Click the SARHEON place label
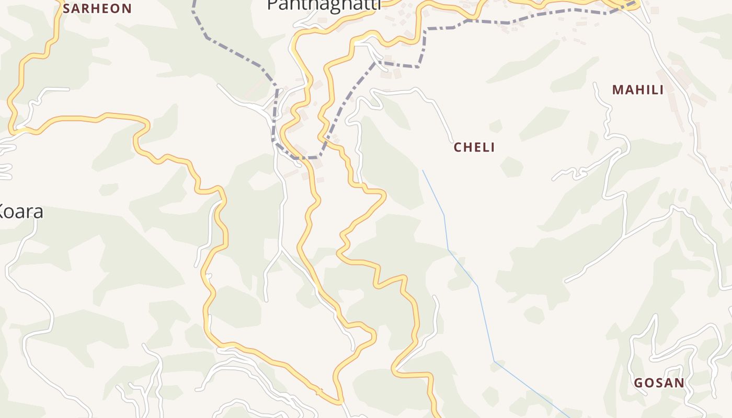97,8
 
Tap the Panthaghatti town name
324,5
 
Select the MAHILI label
638,90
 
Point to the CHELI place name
474,147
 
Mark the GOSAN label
659,383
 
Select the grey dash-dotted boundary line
235,52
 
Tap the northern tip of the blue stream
422,170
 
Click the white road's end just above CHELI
453,141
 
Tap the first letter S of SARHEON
66,8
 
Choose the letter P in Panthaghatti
272,5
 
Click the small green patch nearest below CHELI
511,167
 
